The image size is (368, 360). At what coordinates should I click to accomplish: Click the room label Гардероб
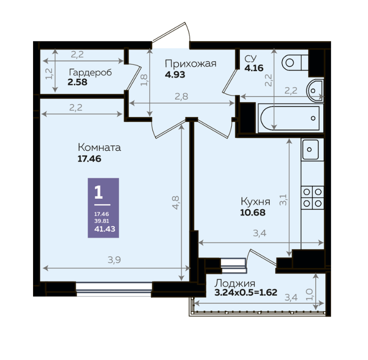[90, 72]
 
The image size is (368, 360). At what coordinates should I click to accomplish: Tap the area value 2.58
[77, 82]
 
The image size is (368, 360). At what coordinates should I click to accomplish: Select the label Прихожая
[191, 64]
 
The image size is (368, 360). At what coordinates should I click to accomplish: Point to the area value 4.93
[175, 75]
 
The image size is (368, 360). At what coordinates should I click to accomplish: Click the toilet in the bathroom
[295, 63]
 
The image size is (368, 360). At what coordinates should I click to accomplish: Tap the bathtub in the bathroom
[290, 118]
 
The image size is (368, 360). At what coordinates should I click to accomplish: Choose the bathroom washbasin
[315, 90]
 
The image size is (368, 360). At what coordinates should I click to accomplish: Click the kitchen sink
[310, 149]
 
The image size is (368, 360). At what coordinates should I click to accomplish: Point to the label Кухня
[255, 202]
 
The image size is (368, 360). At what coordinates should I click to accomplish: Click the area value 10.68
[253, 212]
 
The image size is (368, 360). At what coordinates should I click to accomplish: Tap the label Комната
[99, 148]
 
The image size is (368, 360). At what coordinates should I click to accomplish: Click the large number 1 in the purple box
[99, 192]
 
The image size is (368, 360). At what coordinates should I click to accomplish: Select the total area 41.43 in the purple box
[105, 229]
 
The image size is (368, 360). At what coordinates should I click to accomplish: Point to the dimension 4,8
[176, 202]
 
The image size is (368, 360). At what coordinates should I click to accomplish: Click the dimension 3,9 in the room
[114, 260]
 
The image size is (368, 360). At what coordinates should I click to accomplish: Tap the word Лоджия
[235, 284]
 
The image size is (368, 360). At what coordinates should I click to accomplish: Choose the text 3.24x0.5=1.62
[246, 292]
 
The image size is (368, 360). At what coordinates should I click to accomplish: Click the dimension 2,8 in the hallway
[181, 96]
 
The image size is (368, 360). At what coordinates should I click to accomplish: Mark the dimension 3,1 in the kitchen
[283, 200]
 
